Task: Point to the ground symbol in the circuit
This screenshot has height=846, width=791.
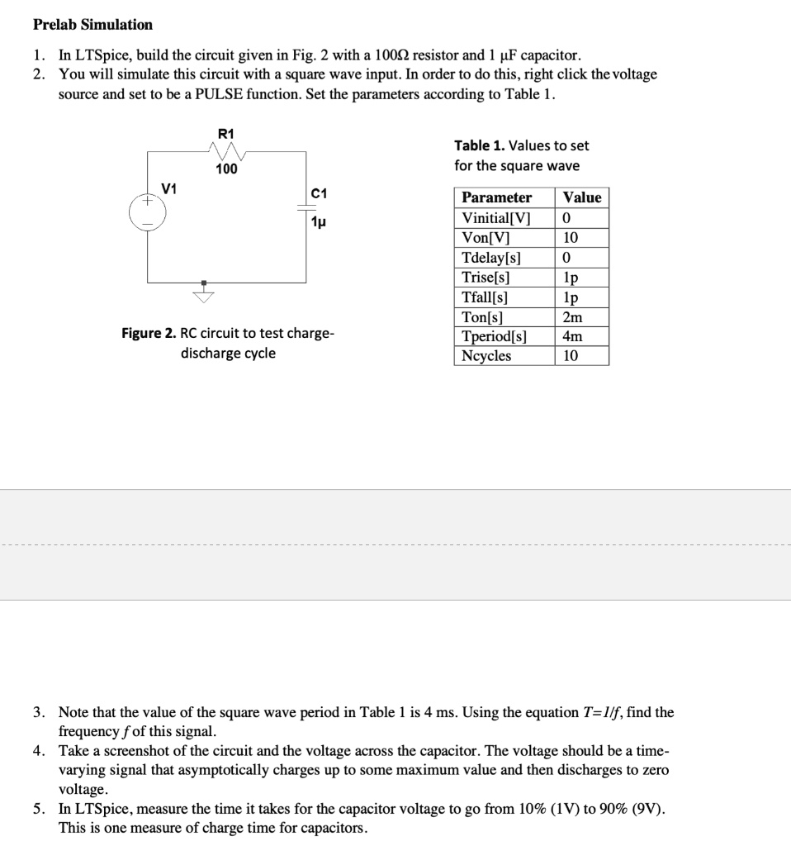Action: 202,292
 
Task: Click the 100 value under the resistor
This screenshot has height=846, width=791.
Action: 225,169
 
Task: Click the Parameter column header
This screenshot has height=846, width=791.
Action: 496,197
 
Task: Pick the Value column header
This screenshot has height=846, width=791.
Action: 582,197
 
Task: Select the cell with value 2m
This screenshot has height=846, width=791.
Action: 571,316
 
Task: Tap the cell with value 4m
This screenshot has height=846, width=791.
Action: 571,336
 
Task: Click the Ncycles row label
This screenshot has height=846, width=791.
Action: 485,356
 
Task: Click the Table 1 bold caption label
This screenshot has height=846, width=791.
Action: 479,145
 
